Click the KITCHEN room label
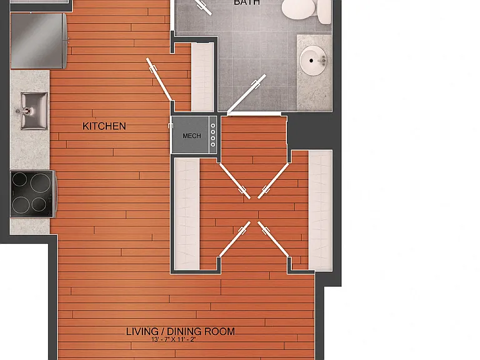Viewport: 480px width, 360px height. click(104, 126)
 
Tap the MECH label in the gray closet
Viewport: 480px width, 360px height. click(192, 136)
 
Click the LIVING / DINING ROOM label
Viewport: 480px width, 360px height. click(181, 331)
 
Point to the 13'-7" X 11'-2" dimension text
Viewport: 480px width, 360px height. click(173, 339)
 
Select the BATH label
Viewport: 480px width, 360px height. click(247, 2)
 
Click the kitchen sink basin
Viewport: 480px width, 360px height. click(34, 111)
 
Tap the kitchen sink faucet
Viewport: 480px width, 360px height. click(24, 111)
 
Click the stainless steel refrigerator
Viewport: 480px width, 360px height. click(39, 41)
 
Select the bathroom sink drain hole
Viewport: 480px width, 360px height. click(311, 61)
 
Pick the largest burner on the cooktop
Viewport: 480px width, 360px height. click(41, 183)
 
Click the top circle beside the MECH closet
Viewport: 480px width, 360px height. click(212, 126)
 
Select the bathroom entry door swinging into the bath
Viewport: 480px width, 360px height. click(246, 93)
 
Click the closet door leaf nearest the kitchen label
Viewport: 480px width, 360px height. click(159, 79)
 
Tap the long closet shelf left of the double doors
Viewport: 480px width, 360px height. click(187, 214)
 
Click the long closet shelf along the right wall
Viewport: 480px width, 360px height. click(321, 210)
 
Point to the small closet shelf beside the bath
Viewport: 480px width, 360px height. click(202, 77)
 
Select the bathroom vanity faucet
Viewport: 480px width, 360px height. click(322, 60)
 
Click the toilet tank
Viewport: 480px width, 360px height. click(324, 11)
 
